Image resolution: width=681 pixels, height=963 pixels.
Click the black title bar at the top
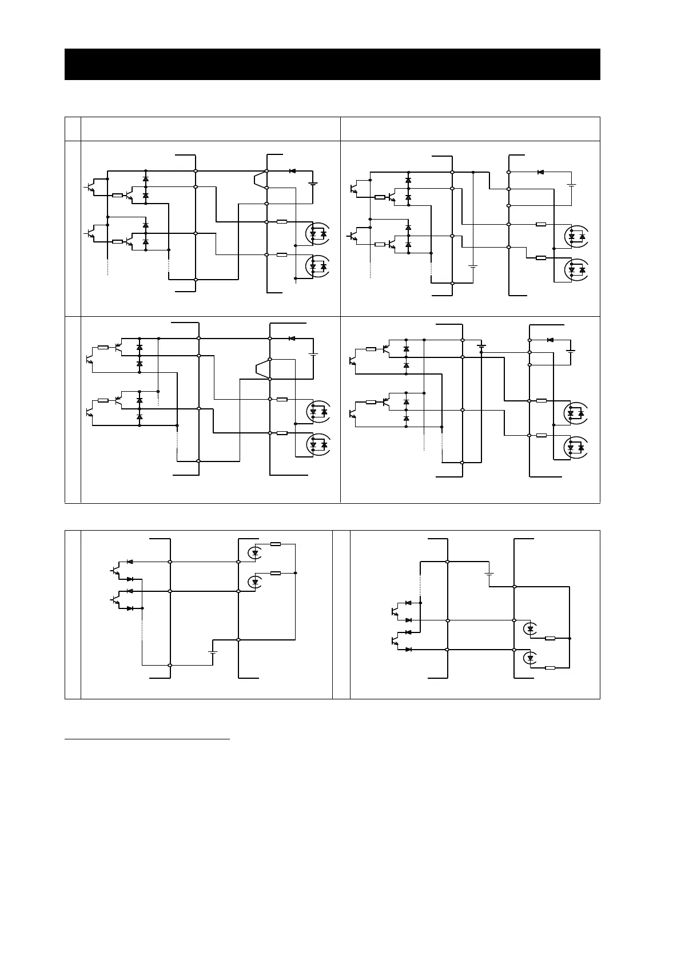click(332, 64)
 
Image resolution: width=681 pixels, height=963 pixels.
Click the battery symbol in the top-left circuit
click(313, 184)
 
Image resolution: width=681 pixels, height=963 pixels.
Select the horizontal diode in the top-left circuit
click(292, 171)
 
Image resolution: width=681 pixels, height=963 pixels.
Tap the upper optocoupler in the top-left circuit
click(317, 234)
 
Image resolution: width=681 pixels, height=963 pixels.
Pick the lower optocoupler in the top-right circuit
click(576, 270)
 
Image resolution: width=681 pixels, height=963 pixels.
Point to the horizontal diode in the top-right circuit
click(540, 172)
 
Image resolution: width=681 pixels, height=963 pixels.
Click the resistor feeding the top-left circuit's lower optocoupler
click(281, 254)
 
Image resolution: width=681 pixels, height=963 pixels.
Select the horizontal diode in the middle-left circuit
click(292, 339)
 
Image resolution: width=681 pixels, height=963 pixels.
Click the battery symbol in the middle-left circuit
click(313, 355)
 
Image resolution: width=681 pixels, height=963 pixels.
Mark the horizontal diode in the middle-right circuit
click(550, 340)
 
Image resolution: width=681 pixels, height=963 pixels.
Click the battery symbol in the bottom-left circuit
click(213, 652)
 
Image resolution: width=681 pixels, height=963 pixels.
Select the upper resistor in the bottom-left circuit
click(276, 544)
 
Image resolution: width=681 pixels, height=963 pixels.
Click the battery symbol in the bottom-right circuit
click(489, 574)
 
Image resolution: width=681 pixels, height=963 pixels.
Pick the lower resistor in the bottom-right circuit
click(550, 668)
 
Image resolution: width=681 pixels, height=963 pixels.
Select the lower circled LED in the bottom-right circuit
click(530, 658)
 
